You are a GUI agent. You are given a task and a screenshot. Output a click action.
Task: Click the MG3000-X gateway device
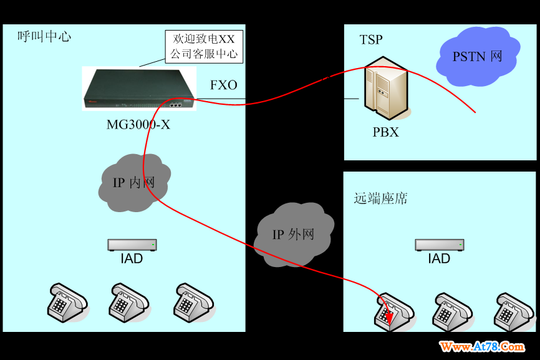click(139, 89)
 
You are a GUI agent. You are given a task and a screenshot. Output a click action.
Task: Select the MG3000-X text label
click(138, 125)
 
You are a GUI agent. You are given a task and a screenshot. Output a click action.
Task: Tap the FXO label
click(224, 85)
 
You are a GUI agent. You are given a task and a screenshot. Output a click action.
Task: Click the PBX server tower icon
click(387, 89)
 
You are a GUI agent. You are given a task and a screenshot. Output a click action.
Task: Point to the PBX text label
click(385, 132)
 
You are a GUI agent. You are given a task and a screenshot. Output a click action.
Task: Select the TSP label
click(371, 40)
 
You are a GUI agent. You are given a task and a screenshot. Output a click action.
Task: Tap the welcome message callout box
click(204, 47)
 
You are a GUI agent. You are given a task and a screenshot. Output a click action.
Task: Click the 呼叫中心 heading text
click(44, 36)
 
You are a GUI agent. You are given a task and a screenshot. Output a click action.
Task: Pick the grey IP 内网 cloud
click(134, 182)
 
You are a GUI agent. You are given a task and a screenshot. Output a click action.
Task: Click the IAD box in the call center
click(132, 245)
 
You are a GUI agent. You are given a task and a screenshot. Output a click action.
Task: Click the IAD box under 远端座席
click(439, 245)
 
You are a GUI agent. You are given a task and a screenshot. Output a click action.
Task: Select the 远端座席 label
click(381, 198)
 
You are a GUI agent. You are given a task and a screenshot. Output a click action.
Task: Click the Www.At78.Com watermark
click(482, 346)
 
